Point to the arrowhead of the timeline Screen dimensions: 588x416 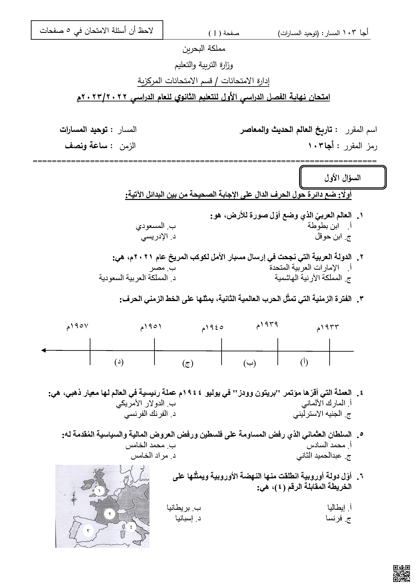[x=44, y=350]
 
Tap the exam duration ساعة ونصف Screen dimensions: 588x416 [x=86, y=146]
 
